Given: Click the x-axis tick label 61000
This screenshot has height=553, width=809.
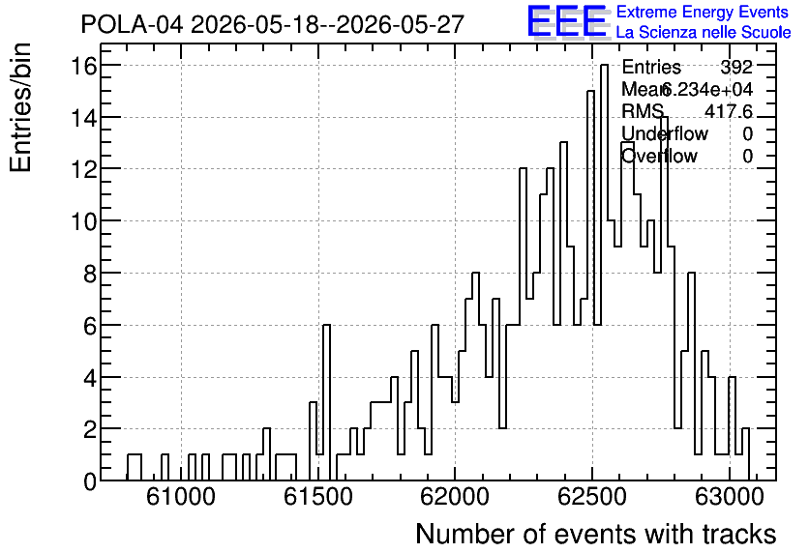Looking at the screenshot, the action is (x=181, y=497).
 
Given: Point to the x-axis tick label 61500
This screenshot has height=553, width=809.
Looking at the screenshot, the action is (x=318, y=497).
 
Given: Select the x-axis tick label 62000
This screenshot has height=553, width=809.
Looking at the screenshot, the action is (x=455, y=497).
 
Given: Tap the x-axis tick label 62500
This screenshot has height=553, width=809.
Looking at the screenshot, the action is (x=592, y=497).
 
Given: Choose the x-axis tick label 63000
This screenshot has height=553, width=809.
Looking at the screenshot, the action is (x=729, y=497).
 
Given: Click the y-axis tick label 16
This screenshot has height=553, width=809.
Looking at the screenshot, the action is (x=83, y=66).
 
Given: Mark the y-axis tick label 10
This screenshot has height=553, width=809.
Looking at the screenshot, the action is (x=83, y=221).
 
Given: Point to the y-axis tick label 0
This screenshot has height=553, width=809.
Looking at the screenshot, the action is (x=90, y=481).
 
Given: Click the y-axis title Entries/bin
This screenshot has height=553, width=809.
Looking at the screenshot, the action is (x=21, y=108).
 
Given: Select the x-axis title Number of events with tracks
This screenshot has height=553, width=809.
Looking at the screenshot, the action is (x=596, y=534).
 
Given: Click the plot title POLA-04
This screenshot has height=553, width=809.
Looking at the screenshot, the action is (x=132, y=24).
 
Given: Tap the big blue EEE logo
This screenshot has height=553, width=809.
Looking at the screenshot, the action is (x=567, y=21).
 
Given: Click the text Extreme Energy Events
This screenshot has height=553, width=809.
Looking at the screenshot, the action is (x=703, y=12).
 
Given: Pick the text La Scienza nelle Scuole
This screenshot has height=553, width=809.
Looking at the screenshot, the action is (x=704, y=33).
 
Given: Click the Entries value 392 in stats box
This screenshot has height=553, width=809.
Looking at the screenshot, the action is (x=736, y=67).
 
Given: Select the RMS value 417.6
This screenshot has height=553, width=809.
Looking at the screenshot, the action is (x=729, y=111).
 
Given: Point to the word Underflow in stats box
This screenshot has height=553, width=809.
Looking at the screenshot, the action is (x=665, y=133).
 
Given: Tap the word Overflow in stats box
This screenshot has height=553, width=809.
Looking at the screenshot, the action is (x=660, y=156).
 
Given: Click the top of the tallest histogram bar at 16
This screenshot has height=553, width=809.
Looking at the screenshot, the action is (x=604, y=65).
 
